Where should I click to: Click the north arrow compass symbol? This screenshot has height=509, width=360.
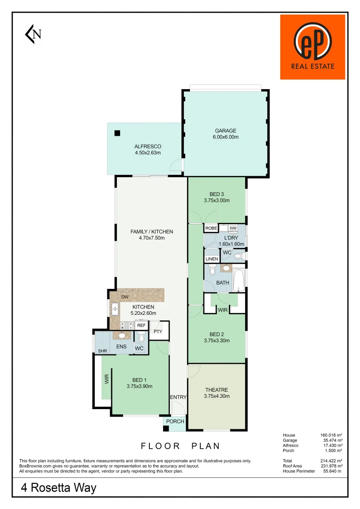point(33,34)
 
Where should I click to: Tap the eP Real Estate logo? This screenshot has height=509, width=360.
point(312,47)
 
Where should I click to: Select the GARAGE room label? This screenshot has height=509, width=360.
point(226,131)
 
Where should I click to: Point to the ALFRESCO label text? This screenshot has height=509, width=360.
point(147,147)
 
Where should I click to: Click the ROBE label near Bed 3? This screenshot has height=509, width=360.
point(211,228)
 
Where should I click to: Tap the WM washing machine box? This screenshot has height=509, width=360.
point(233,228)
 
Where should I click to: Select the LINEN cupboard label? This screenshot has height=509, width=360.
point(212,259)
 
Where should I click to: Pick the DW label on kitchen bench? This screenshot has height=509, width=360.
point(125,297)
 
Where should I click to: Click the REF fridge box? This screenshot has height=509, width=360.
point(141,325)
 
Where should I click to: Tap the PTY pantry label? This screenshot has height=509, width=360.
point(157,331)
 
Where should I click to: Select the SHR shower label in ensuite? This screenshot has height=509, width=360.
point(102,351)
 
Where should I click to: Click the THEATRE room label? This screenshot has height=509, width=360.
point(217,390)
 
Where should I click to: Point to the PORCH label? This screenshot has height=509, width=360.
point(175,421)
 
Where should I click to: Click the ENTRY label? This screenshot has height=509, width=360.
point(179,397)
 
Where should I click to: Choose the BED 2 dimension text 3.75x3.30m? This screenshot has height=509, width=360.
point(217,340)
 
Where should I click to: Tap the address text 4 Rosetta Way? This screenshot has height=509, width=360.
point(58,488)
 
